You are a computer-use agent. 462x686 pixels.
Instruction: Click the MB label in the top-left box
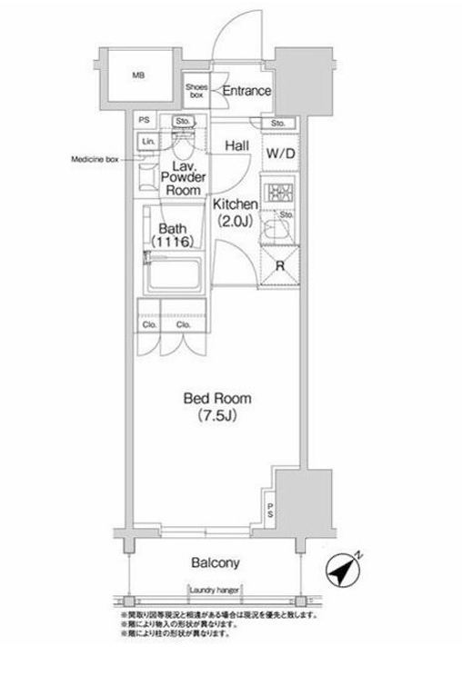click(x=139, y=75)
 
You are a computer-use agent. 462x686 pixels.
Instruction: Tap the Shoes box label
click(x=197, y=91)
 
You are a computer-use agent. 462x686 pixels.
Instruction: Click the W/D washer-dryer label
click(x=280, y=154)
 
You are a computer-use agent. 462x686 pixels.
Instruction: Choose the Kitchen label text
click(x=236, y=204)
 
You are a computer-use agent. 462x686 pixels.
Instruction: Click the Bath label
click(x=174, y=229)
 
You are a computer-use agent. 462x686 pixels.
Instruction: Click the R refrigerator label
click(x=282, y=266)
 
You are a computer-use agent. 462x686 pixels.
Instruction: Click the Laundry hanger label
click(x=214, y=591)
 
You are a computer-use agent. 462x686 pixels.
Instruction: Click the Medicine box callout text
click(x=95, y=159)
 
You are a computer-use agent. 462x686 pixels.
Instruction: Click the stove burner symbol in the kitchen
click(x=281, y=194)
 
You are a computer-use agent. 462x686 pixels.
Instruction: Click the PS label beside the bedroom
click(x=270, y=511)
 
